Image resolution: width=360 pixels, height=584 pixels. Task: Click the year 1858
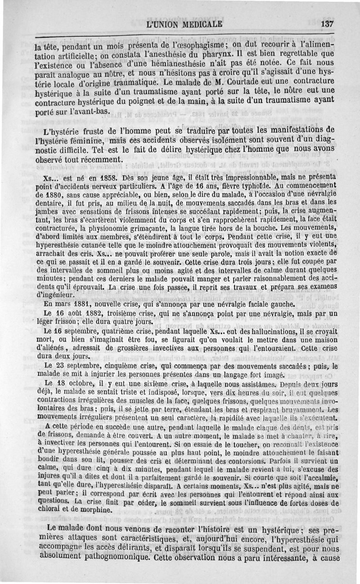click(88, 178)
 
